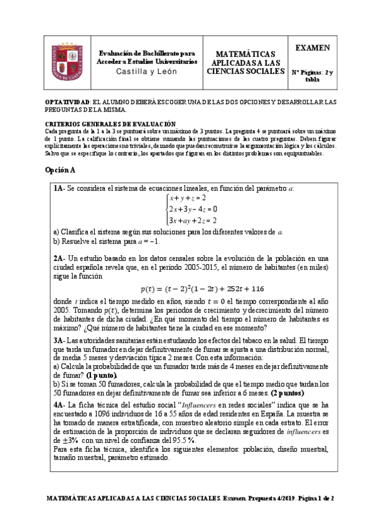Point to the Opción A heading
pyautogui.click(x=60, y=171)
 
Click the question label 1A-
pyautogui.click(x=60, y=188)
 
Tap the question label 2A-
pyautogui.click(x=60, y=258)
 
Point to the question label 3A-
pyautogui.click(x=60, y=339)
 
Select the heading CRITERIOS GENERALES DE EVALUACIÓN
pyautogui.click(x=110, y=124)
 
